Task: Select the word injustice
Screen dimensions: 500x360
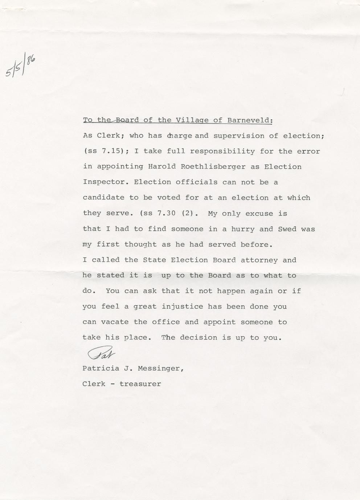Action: coord(182,306)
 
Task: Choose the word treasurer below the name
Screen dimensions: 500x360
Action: coord(140,384)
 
